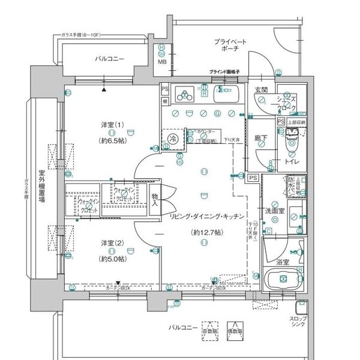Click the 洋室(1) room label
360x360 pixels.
[x=112, y=125]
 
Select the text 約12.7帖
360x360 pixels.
[x=205, y=232]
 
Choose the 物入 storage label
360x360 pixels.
[x=155, y=200]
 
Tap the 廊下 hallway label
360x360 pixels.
[x=260, y=138]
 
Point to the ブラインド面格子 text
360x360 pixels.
[x=225, y=71]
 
